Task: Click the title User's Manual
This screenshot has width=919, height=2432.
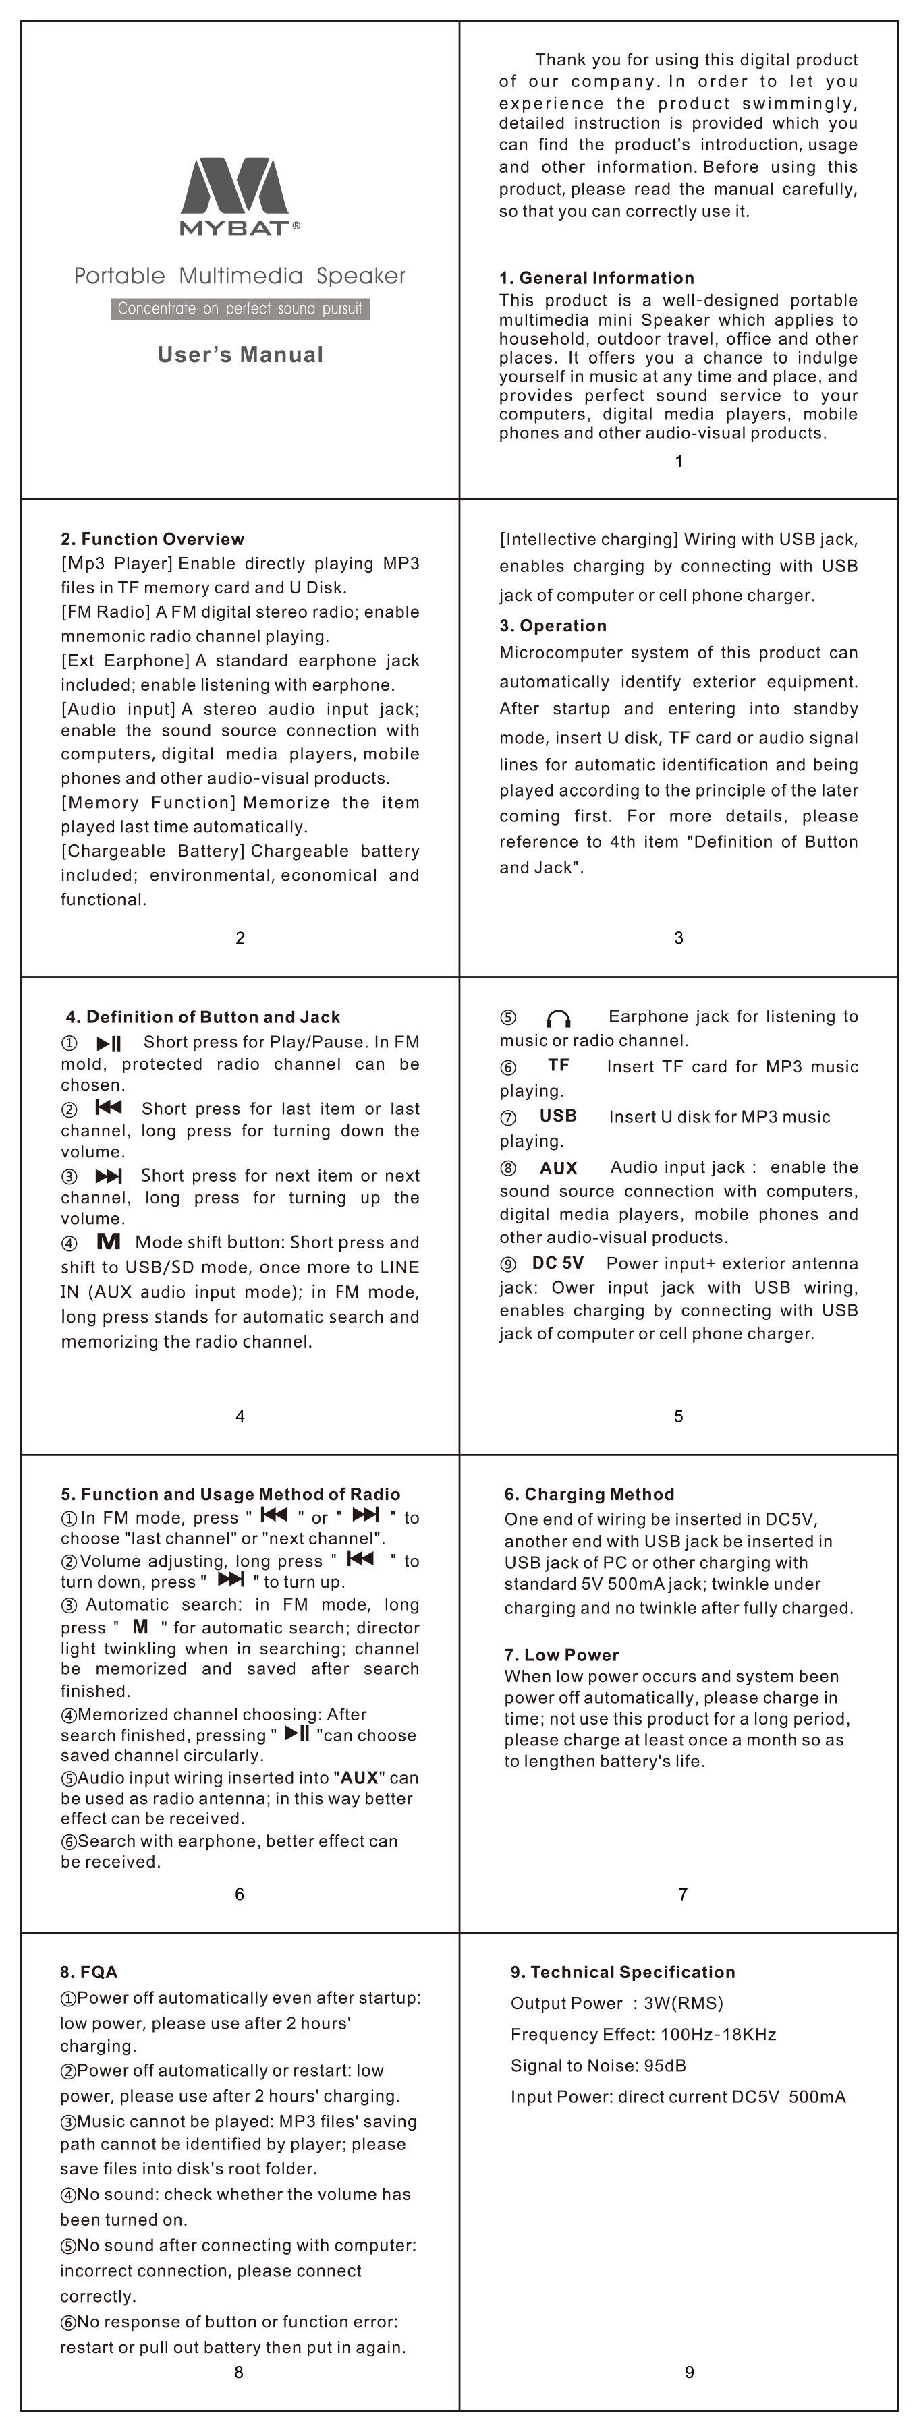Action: [x=240, y=355]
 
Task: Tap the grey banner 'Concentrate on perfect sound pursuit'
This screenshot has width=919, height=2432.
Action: [x=240, y=309]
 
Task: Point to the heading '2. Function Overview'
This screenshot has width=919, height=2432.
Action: [x=152, y=539]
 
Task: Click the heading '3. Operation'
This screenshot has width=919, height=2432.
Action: [x=553, y=626]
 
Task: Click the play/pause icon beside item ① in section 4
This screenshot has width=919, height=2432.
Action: [x=109, y=1043]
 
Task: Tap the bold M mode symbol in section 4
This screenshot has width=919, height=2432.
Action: [x=109, y=1242]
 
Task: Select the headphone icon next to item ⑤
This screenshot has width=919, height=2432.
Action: [x=558, y=1018]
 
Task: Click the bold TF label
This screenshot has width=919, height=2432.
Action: [x=558, y=1065]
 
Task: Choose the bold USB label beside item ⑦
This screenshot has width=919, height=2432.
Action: [x=557, y=1116]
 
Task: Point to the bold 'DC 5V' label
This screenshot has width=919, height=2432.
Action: [x=557, y=1263]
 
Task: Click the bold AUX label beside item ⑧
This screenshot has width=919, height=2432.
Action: [x=558, y=1168]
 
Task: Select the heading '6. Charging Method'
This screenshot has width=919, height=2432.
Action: [x=588, y=1495]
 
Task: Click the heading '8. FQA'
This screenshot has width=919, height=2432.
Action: [x=89, y=1972]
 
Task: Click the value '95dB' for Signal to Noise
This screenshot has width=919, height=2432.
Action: [x=665, y=2066]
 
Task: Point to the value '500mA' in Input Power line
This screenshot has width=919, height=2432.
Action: [x=817, y=2097]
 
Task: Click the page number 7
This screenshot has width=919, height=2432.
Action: [x=683, y=1894]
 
